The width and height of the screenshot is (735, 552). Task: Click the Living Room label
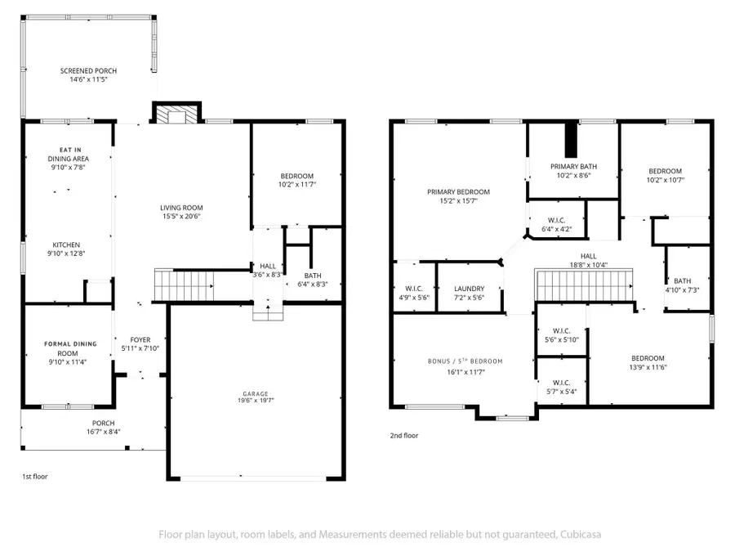tap(181, 208)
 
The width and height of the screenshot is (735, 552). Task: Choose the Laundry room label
tap(470, 289)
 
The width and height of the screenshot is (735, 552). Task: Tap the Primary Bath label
tap(573, 166)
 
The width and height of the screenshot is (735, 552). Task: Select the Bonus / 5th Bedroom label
tap(465, 361)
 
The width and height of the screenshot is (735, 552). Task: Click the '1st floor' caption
tap(34, 475)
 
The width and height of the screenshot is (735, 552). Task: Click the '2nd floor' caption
tap(403, 436)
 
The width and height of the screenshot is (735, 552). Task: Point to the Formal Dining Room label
tap(70, 344)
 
